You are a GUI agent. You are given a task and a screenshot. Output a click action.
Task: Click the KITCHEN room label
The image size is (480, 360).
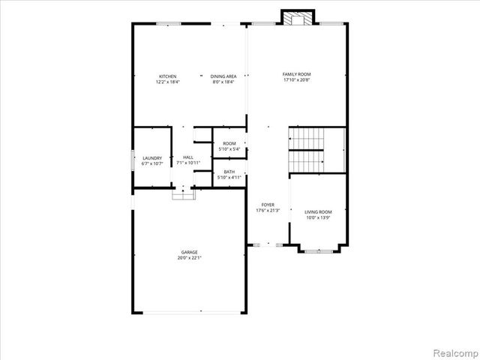click(x=167, y=76)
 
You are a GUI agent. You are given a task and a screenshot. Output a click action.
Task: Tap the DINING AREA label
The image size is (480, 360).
click(x=223, y=76)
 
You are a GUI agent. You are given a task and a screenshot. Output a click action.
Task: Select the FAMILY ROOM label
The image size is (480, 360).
click(x=296, y=74)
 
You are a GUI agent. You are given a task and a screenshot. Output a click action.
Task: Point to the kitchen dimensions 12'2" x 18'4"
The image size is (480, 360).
click(x=167, y=82)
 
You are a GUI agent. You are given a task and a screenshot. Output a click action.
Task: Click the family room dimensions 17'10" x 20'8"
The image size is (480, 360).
click(x=296, y=80)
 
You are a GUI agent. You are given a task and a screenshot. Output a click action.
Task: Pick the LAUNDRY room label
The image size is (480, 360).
click(x=152, y=157)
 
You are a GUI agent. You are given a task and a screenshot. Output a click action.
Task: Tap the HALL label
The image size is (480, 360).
click(x=187, y=157)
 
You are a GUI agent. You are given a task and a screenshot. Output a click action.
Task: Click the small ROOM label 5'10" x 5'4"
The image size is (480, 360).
click(x=229, y=143)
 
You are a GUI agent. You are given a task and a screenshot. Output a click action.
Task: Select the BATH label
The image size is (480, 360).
click(x=229, y=172)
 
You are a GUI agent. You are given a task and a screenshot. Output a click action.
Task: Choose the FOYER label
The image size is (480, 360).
click(x=268, y=205)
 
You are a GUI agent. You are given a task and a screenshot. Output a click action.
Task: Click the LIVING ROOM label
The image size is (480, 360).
click(x=318, y=212)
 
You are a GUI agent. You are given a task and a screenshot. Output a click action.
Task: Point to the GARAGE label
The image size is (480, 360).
click(x=189, y=252)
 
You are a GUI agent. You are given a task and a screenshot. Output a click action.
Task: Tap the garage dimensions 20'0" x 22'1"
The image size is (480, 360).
click(x=189, y=258)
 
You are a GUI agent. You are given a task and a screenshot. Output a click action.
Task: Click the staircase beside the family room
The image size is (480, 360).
click(x=316, y=149)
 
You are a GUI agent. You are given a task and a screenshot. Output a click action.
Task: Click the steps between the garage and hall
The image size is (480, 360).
click(x=184, y=194)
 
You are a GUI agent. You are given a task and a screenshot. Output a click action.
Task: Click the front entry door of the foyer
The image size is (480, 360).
click(x=268, y=244)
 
